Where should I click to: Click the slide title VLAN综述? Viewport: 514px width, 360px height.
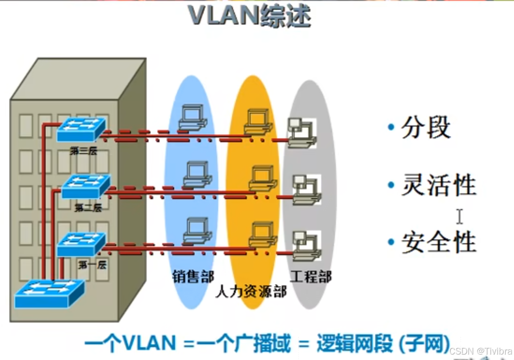[250, 17]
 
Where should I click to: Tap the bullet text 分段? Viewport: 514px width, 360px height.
[425, 128]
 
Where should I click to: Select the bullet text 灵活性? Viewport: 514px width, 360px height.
[438, 185]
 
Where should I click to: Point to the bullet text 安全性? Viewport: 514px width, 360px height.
[438, 242]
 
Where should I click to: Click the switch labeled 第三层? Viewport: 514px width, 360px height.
[80, 130]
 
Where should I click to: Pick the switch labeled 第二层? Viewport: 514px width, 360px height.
[86, 186]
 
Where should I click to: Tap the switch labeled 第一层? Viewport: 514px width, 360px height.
[81, 244]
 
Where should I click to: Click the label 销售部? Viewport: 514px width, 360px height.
[193, 276]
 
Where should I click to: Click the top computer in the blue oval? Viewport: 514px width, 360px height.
[192, 118]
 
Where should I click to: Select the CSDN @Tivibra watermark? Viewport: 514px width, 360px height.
[481, 351]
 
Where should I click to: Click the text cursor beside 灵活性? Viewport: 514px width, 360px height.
[460, 216]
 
